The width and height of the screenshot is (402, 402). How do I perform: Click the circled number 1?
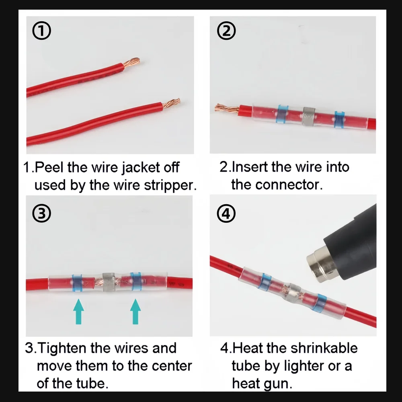pos(41,31)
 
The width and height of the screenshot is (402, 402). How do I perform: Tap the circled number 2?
pos(226,31)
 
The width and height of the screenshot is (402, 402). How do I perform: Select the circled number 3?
pos(41,213)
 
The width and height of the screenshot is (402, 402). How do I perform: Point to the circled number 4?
pos(226,213)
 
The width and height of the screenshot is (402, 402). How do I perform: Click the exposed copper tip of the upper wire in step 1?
pos(131,62)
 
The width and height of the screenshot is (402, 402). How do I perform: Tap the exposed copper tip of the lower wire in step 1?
pos(172,103)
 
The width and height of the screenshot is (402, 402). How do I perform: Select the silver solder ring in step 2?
pos(308,117)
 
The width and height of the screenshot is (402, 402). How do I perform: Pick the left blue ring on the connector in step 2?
pos(282,114)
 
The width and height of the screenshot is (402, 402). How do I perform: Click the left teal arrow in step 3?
pos(78,311)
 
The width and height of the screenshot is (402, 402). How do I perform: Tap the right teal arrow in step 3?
pos(135,311)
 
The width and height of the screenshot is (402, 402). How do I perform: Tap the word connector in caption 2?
pos(289,185)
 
